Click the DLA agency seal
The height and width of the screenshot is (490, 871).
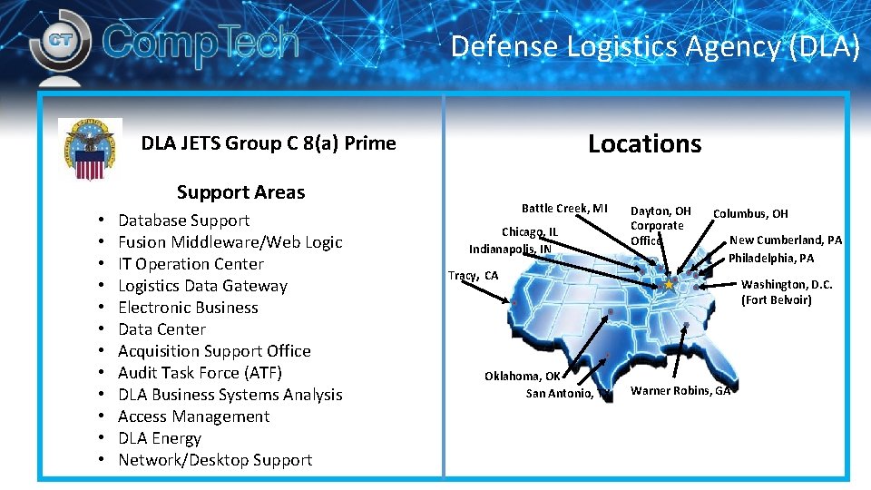89,150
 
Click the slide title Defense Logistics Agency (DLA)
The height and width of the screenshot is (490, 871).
654,45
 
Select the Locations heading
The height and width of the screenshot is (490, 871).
644,143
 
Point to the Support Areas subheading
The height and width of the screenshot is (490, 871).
240,191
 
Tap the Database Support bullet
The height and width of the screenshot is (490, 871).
183,220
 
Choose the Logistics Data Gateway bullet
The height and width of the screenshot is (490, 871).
202,286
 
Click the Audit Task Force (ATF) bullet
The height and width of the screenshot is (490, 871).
200,373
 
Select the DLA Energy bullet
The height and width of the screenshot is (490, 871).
160,438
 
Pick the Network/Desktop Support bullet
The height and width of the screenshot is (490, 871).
215,460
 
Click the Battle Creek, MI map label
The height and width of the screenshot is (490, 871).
564,209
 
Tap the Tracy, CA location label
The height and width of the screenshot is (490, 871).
474,276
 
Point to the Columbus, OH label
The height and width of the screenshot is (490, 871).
750,214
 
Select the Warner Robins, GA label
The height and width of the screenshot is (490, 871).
680,391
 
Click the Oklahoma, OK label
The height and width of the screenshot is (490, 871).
523,376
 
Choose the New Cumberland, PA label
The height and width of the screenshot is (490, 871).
786,240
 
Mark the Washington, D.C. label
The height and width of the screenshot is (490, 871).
787,284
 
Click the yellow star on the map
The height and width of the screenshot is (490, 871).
669,285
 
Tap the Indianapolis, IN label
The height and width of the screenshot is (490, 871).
510,249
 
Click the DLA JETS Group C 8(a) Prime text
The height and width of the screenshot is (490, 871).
269,143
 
